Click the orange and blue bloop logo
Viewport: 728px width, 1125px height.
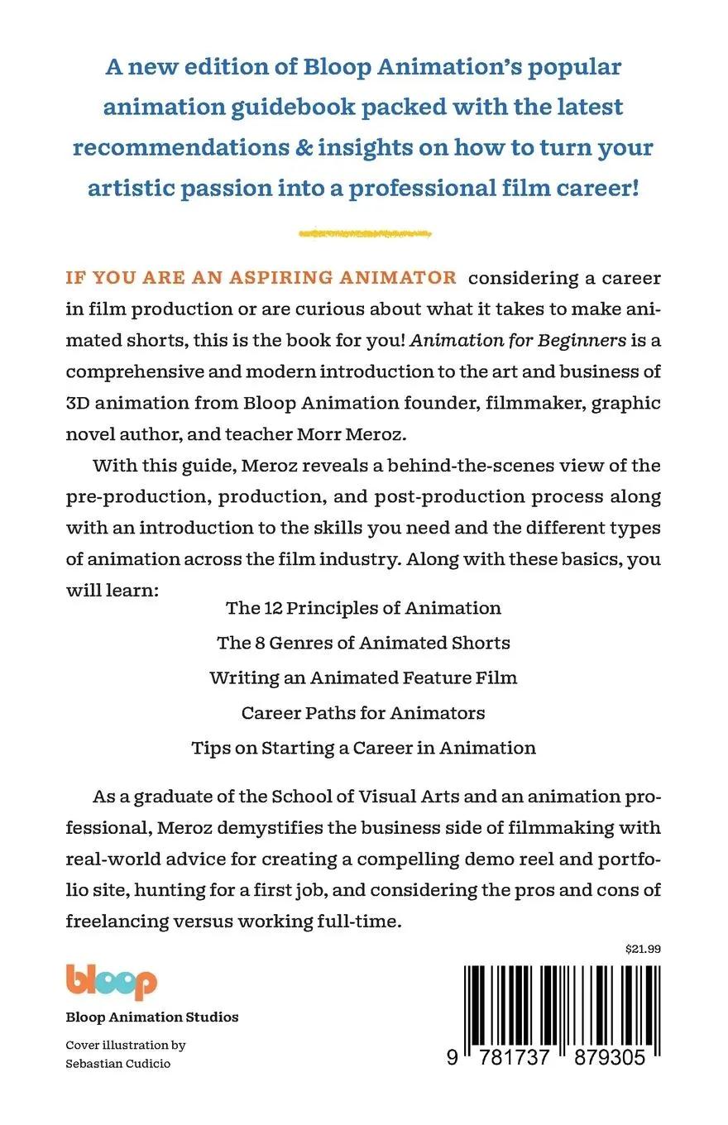coord(111,982)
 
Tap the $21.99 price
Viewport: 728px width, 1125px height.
coord(643,949)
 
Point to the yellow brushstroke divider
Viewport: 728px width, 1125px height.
coord(364,234)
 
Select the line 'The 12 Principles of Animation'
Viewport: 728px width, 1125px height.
coord(363,608)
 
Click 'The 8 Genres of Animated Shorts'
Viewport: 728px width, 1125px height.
coord(363,643)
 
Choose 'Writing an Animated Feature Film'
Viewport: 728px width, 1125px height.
coord(363,677)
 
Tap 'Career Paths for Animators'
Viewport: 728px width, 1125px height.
coord(363,712)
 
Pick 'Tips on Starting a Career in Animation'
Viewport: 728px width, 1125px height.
coord(363,748)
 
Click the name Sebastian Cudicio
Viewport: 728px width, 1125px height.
coord(118,1064)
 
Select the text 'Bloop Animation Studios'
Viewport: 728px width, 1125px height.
coord(152,1017)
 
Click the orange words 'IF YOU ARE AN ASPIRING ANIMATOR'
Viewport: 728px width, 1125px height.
coord(261,278)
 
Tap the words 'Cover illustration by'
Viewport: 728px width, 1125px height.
coord(126,1045)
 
